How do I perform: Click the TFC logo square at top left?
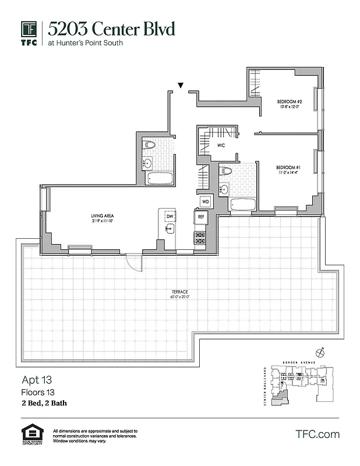pyautogui.click(x=30, y=29)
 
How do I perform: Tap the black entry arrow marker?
pyautogui.click(x=181, y=86)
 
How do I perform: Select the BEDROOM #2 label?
pyautogui.click(x=289, y=104)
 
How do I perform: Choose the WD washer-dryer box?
pyautogui.click(x=205, y=202)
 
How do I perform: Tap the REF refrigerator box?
pyautogui.click(x=200, y=216)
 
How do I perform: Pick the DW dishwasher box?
pyautogui.click(x=170, y=216)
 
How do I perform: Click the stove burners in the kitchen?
pyautogui.click(x=200, y=238)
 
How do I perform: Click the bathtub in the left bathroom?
pyautogui.click(x=158, y=178)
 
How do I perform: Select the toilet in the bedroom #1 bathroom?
pyautogui.click(x=226, y=171)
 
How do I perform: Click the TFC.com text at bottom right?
pyautogui.click(x=317, y=435)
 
